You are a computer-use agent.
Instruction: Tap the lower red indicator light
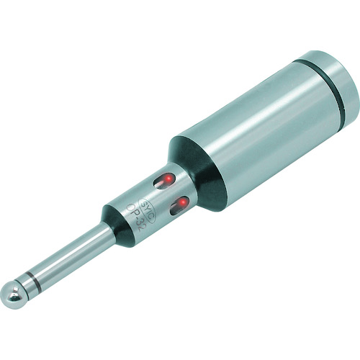[182, 202]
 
